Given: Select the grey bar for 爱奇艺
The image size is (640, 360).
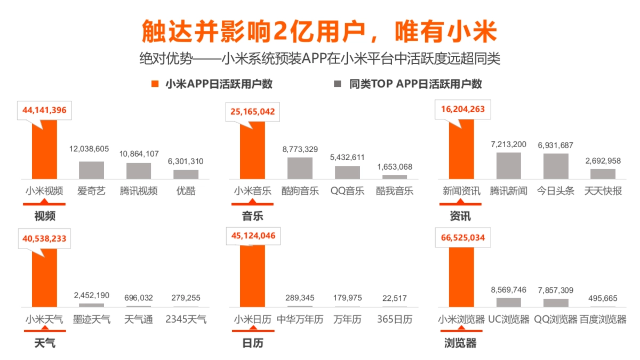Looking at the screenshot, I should pyautogui.click(x=92, y=170).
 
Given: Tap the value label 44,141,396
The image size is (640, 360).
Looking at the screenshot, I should pyautogui.click(x=44, y=110).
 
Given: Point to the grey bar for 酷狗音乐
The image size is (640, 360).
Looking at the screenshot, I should pyautogui.click(x=300, y=168).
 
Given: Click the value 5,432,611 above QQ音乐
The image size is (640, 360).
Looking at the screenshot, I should pyautogui.click(x=347, y=157).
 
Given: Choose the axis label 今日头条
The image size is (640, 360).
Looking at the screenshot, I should pyautogui.click(x=556, y=191).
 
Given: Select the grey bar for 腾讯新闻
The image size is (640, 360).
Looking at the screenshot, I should pyautogui.click(x=508, y=166).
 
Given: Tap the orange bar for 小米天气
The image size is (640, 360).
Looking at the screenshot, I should pyautogui.click(x=44, y=277).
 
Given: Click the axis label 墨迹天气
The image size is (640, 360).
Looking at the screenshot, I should pyautogui.click(x=92, y=319).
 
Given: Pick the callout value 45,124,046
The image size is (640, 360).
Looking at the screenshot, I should pyautogui.click(x=253, y=235).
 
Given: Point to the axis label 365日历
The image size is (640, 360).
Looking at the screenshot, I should pyautogui.click(x=394, y=319).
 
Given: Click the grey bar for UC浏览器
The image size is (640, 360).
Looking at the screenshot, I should pyautogui.click(x=508, y=302).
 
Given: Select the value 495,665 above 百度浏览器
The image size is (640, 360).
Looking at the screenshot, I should pyautogui.click(x=603, y=298).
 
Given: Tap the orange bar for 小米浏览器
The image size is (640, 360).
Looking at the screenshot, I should pyautogui.click(x=461, y=277).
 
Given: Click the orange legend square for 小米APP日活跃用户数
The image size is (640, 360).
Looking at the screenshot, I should pyautogui.click(x=155, y=84).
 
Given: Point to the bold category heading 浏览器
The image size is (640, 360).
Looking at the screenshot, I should pyautogui.click(x=460, y=343).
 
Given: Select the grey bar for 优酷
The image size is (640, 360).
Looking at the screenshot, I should pyautogui.click(x=186, y=174).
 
